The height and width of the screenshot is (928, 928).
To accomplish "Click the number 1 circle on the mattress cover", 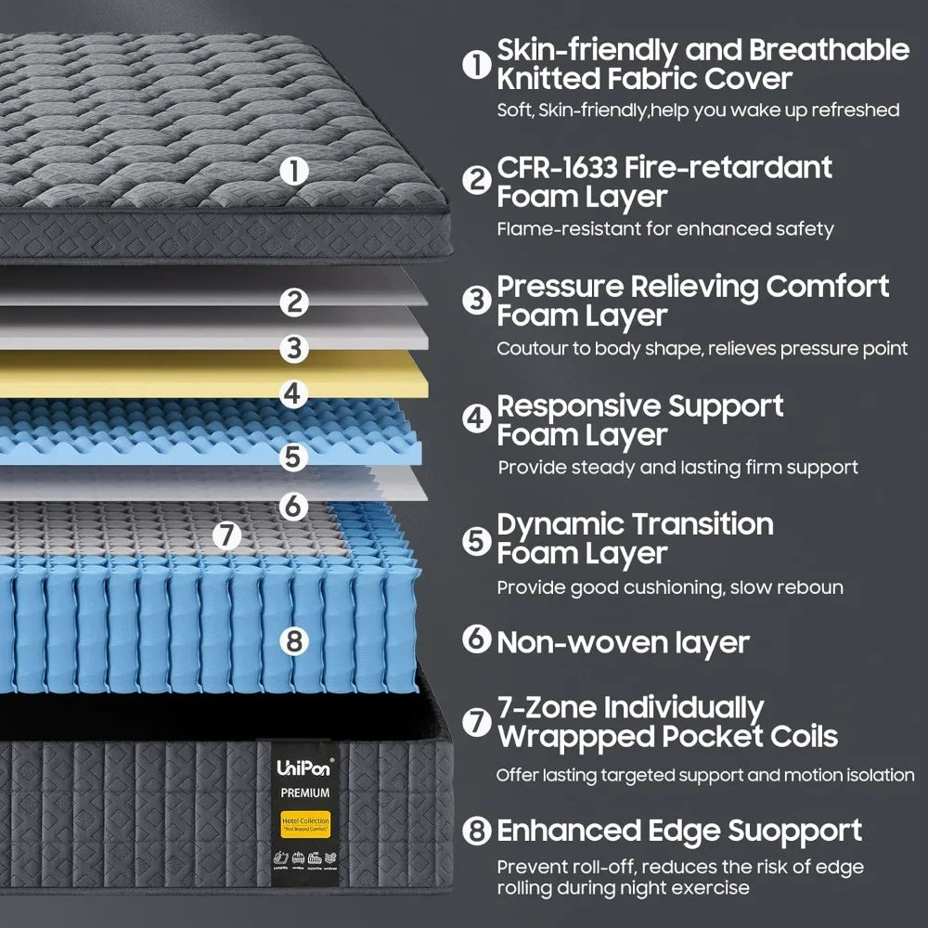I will tap(293, 171).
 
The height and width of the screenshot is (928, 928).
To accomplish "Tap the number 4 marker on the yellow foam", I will tap(293, 393).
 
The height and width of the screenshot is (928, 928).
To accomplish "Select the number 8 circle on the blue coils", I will tap(293, 640).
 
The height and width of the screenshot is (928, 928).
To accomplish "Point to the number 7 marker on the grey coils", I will tap(227, 535).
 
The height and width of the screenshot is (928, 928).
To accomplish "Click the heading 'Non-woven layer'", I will tap(623, 642).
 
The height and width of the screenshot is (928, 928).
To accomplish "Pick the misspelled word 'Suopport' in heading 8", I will tap(793, 831).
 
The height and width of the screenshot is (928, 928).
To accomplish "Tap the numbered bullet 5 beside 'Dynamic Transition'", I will tap(476, 539).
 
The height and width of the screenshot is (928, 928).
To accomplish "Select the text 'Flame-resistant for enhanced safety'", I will tap(664, 229).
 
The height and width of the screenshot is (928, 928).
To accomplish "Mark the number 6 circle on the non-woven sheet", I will tap(293, 506).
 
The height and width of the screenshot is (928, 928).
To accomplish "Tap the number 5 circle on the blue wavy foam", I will tap(293, 457).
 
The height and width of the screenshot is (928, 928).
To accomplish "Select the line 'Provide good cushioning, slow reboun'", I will tap(670, 587).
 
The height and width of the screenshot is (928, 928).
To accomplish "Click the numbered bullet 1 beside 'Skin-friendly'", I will tap(476, 63).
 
